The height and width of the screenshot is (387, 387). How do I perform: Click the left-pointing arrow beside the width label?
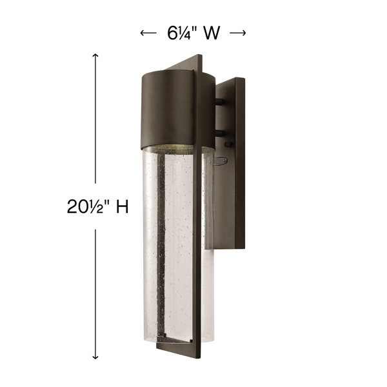click(148, 33)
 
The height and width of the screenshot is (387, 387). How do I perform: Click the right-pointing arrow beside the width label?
click(237, 33)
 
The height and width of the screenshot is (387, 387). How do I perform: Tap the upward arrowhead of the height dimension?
click(95, 55)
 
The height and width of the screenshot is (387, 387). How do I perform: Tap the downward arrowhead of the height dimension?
click(95, 357)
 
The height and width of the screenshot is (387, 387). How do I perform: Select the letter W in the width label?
click(212, 33)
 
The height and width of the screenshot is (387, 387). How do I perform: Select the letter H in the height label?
click(123, 206)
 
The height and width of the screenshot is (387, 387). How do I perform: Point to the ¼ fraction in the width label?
click(184, 33)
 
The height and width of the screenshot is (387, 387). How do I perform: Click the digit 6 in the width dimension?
click(172, 33)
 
